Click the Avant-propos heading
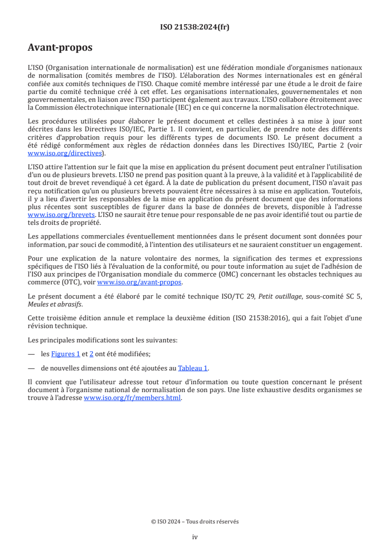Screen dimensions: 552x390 60,48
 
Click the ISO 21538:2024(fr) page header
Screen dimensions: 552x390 195,27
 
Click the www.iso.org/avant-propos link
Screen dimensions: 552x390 140,282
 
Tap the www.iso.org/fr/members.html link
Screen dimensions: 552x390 133,398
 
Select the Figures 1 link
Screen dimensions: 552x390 65,354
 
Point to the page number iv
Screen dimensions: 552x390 195,537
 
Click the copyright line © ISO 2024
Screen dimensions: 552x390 195,521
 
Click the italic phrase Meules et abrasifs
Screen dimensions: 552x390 55,304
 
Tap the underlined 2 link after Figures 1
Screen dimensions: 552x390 91,354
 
